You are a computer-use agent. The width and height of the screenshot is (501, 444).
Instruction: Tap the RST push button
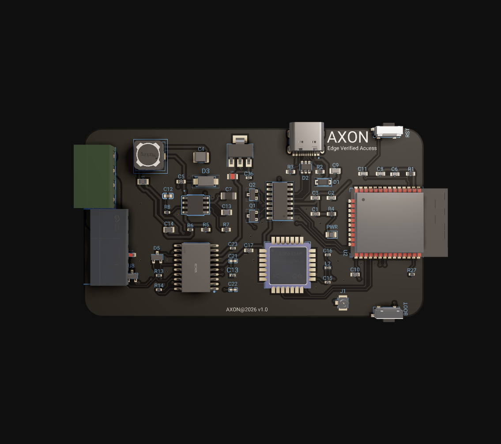(x=388, y=132)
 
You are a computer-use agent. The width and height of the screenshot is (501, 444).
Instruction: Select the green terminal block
(x=94, y=176)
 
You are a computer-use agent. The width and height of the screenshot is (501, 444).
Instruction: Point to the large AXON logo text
(x=348, y=137)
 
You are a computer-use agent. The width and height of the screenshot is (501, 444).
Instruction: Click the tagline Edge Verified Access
(x=352, y=148)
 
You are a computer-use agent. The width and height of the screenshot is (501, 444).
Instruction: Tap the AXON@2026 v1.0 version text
(x=247, y=309)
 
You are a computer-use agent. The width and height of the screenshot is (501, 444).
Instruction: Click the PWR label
(x=331, y=227)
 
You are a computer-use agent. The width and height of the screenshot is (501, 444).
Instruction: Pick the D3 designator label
(x=206, y=171)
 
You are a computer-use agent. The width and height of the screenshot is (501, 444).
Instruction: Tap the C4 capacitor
(x=201, y=156)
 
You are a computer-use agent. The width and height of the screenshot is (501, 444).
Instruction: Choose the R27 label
(x=411, y=270)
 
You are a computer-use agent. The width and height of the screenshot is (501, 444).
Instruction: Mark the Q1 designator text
(x=252, y=206)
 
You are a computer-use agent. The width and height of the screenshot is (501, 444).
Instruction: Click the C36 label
(x=249, y=174)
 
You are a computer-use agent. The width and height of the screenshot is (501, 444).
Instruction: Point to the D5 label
(x=156, y=248)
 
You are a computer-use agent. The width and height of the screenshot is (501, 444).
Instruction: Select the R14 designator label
(x=159, y=286)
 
